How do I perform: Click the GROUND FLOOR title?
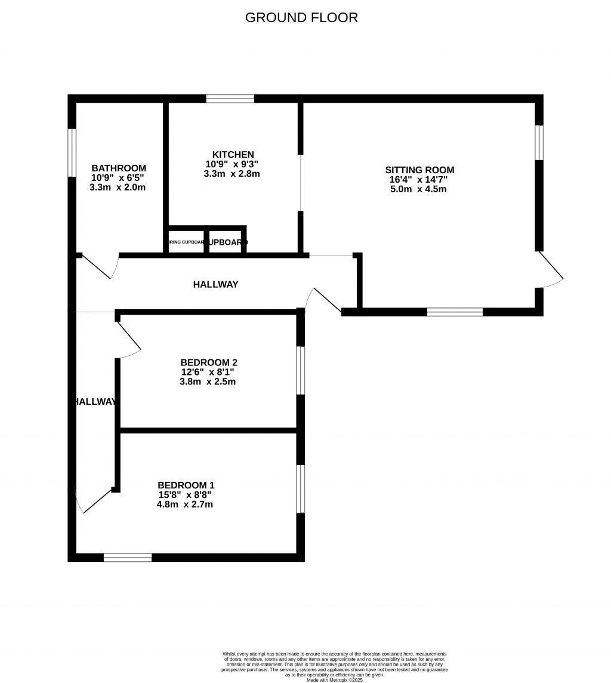click(x=301, y=17)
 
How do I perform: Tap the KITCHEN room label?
click(x=233, y=155)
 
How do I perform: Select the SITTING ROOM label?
click(x=419, y=170)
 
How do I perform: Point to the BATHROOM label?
click(x=119, y=168)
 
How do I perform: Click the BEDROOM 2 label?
click(x=209, y=362)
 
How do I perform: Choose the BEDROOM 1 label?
click(x=186, y=485)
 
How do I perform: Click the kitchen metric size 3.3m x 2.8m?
click(x=232, y=174)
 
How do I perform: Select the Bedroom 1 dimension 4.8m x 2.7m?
click(x=184, y=504)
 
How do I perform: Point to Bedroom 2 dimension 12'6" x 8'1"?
click(x=208, y=372)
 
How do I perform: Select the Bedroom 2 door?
click(x=129, y=337)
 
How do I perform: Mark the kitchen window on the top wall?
click(x=230, y=99)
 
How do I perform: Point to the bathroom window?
click(x=72, y=153)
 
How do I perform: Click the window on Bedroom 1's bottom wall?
click(x=128, y=558)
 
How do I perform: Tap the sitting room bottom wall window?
click(x=455, y=312)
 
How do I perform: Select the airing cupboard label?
click(x=186, y=242)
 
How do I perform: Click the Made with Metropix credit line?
click(x=334, y=679)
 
